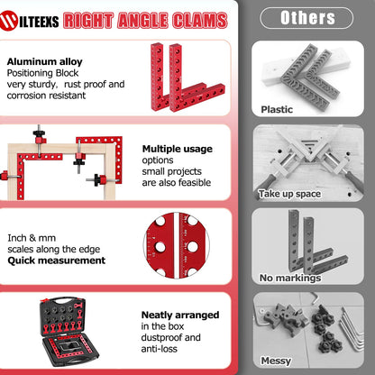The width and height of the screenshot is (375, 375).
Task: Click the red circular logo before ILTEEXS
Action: pos(9,21)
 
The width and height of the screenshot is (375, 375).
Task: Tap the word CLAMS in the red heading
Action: pos(199,21)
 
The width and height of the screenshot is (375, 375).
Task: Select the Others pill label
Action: pos(306,18)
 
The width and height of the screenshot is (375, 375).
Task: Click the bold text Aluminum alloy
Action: pos(44,62)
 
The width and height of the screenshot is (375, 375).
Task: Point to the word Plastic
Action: pos(277,109)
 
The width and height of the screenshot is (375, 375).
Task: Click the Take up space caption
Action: pos(289,194)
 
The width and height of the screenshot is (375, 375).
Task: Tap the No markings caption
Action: pos(290,278)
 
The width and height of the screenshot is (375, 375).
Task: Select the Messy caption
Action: pos(276,361)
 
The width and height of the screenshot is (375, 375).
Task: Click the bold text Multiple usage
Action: pos(178,149)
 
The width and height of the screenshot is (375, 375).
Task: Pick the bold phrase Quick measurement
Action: pos(57,261)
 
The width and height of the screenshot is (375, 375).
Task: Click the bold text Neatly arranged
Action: pos(180,315)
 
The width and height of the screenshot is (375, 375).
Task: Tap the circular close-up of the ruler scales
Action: pos(178,245)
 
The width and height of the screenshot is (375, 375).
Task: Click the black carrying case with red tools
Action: pos(69,332)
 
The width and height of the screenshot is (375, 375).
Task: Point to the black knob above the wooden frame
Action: pos(39,133)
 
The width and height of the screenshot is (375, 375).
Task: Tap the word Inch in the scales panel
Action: pos(17,238)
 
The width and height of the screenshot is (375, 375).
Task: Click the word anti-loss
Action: pos(160,349)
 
